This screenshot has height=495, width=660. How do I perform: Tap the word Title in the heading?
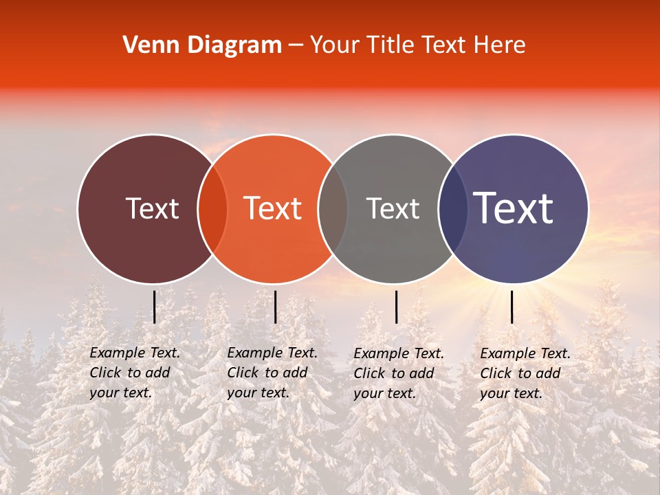(x=389, y=45)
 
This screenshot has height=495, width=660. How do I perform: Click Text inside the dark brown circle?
(x=152, y=208)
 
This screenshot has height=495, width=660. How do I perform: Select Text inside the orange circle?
(x=273, y=208)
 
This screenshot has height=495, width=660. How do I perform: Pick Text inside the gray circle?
(x=393, y=208)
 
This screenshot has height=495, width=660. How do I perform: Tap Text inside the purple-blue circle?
(x=514, y=208)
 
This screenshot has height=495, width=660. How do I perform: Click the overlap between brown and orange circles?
(x=212, y=209)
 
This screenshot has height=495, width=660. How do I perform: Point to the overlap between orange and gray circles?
(x=333, y=209)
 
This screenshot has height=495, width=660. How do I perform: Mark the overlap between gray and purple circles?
(x=453, y=209)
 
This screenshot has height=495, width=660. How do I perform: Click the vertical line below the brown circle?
(x=155, y=307)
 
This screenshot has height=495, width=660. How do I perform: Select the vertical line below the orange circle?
(x=275, y=307)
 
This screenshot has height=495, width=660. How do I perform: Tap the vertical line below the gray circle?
(x=396, y=307)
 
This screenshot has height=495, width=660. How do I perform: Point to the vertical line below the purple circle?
(x=511, y=307)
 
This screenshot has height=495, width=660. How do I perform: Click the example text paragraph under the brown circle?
(x=135, y=373)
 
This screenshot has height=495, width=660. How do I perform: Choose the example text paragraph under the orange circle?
(x=272, y=373)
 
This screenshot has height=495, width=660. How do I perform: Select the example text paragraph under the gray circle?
(x=399, y=373)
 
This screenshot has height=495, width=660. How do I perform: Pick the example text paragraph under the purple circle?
(x=525, y=373)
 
